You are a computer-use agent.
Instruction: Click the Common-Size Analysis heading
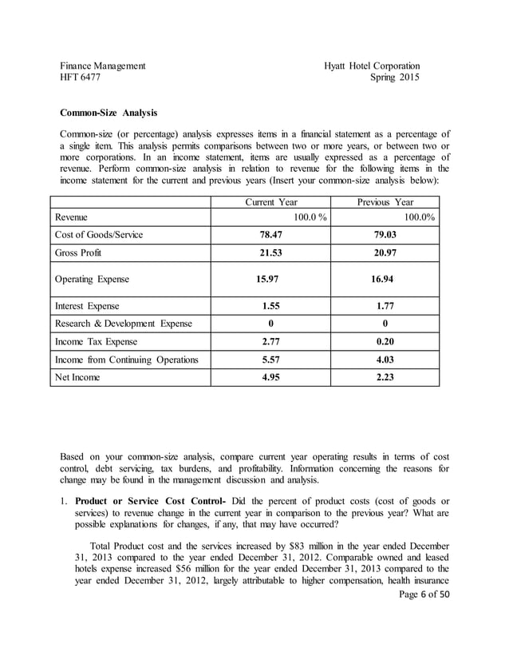(109, 113)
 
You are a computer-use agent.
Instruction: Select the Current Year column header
(270, 202)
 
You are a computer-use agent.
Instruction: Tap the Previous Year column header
(385, 202)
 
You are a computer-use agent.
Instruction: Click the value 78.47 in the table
(270, 235)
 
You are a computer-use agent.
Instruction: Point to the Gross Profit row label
(77, 253)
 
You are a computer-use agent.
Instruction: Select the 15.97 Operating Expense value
(270, 280)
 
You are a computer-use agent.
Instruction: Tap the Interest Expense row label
(87, 306)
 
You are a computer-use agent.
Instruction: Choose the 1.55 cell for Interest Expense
(270, 306)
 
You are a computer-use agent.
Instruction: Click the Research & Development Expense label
(123, 324)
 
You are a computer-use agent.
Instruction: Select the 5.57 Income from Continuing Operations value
(270, 360)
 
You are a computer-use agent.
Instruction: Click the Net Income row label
(77, 377)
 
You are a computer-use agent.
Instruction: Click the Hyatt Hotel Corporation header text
(372, 66)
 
